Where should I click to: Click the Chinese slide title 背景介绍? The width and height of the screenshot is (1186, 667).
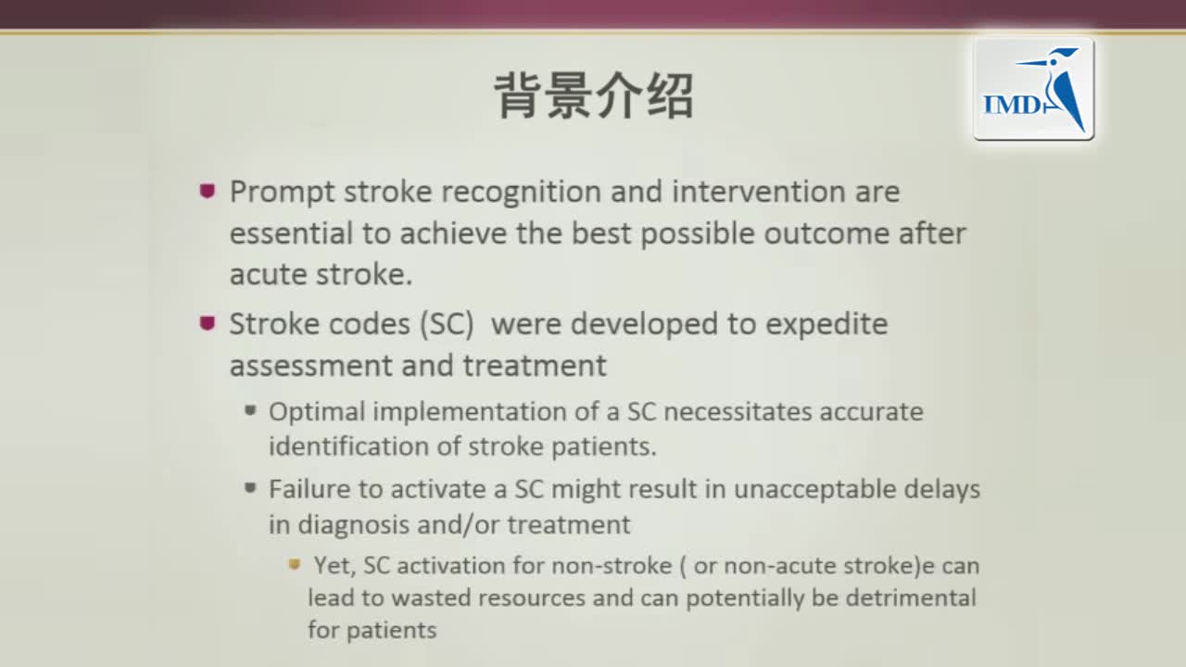point(593,96)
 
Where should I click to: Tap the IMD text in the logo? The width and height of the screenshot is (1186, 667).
point(1012,105)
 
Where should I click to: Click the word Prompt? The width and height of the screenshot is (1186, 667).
point(283,193)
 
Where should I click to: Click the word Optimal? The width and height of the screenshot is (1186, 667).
point(316,411)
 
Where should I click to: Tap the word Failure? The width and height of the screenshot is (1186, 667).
point(304,489)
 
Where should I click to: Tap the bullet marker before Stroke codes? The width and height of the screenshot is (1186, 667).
point(208,323)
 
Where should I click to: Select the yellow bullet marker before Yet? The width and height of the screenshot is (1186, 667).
point(295,564)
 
